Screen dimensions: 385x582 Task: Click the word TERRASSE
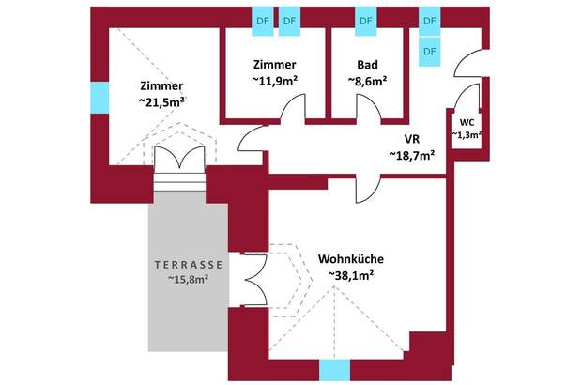[187, 263]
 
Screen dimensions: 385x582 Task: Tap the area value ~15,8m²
[187, 279]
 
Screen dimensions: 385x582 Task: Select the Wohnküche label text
[351, 258]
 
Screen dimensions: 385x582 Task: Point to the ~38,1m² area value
[351, 275]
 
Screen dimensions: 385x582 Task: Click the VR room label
[411, 139]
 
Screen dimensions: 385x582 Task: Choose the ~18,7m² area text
[411, 155]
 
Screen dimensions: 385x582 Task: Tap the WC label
[467, 121]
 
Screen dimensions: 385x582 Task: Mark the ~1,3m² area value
[467, 135]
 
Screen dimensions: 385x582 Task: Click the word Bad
[367, 65]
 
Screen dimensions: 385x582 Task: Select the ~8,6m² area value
[367, 81]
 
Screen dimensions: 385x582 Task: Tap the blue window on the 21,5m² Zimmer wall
[98, 96]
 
